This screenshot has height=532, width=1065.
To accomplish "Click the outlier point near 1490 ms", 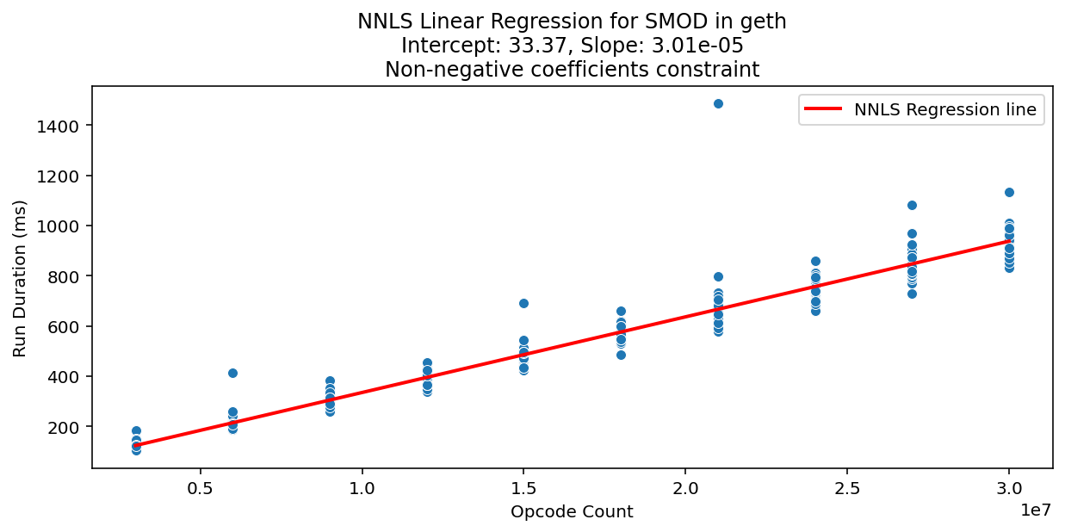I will tap(718, 103).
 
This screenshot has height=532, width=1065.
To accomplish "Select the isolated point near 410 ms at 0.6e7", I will tap(232, 373).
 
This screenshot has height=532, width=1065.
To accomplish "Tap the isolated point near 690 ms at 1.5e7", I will tap(523, 303).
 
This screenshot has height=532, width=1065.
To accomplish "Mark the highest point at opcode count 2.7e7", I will tap(912, 205).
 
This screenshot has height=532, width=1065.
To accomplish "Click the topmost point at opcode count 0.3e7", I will tap(136, 430).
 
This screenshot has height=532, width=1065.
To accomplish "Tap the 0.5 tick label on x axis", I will tap(201, 486).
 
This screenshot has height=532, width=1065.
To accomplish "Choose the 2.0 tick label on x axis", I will tap(685, 486).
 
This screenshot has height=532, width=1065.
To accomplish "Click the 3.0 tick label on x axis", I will tap(1009, 486).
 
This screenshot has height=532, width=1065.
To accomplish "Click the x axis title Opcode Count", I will tap(572, 512).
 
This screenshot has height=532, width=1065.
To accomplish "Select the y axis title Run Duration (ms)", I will tap(20, 278).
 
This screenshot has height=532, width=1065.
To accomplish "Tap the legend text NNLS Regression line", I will tap(944, 109).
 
